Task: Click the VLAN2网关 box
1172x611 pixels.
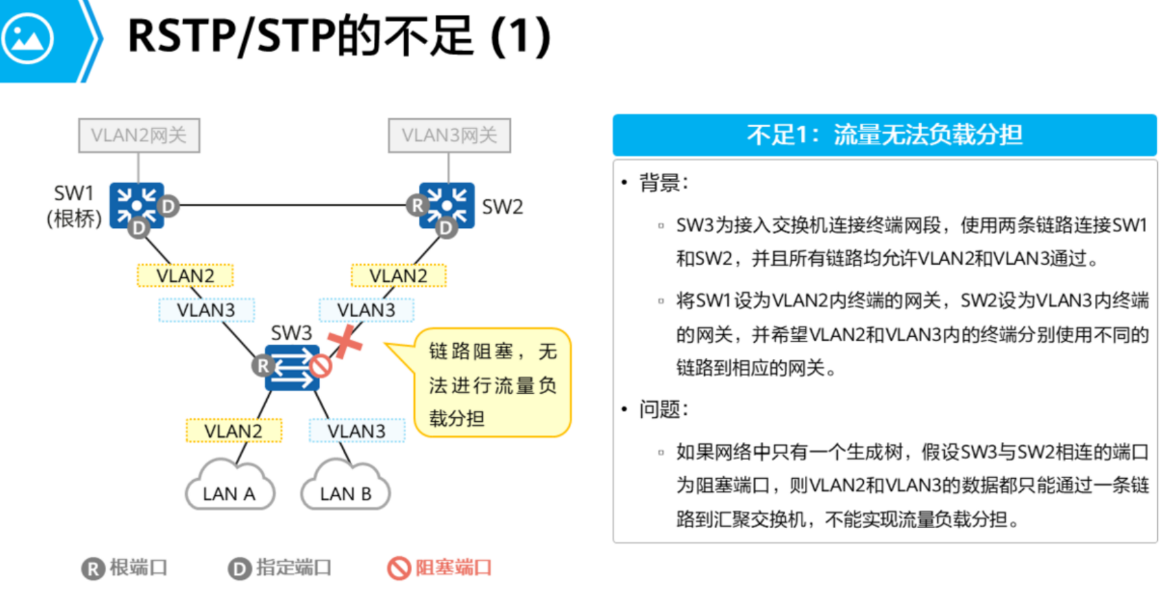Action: [139, 136]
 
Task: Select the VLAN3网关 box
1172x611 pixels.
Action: [449, 136]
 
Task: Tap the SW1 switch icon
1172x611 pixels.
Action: [137, 205]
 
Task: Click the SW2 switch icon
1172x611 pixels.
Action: [447, 205]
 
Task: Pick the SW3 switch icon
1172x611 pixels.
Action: [292, 367]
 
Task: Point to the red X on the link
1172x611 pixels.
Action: [345, 342]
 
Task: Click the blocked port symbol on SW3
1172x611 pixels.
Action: [320, 366]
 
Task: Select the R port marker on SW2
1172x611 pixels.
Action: [417, 205]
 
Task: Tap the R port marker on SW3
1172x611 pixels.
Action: [263, 366]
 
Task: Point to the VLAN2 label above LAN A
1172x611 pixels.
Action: [233, 431]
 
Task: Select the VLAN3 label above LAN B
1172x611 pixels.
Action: [356, 431]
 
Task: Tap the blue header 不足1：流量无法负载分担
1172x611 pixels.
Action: [885, 135]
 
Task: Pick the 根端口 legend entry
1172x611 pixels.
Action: [124, 568]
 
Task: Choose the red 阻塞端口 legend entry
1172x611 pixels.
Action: [440, 568]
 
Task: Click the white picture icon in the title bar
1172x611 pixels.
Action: [27, 39]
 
